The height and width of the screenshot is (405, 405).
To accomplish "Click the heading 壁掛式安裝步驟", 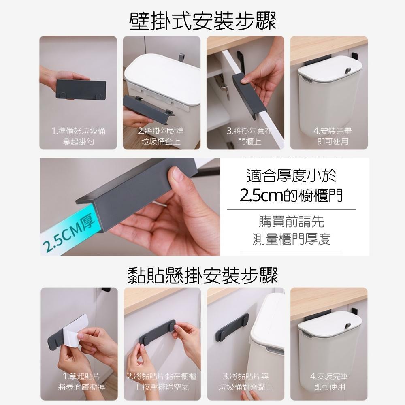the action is [x=203, y=21].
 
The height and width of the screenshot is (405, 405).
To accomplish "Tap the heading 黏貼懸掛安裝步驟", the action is [x=203, y=275].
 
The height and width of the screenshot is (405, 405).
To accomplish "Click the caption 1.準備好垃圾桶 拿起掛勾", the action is [x=79, y=136].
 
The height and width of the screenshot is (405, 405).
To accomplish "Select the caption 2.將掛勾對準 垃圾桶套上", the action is [x=161, y=136].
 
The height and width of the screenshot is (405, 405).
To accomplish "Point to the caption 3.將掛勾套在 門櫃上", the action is [x=249, y=136].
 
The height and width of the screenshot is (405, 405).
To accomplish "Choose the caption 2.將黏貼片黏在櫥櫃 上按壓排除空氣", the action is [x=162, y=382].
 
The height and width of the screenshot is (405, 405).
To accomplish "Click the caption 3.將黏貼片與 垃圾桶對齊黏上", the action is [x=246, y=382].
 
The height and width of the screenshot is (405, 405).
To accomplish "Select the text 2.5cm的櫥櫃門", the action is [x=291, y=195].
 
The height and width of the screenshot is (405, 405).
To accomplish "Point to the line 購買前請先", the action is [x=291, y=222].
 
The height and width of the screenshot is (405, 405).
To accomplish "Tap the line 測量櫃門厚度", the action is [x=292, y=239].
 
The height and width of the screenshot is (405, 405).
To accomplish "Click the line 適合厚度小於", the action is [x=292, y=175].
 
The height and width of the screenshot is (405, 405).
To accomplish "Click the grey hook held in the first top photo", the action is [x=81, y=89].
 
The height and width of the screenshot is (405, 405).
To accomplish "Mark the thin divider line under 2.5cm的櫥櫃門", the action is [x=291, y=209].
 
